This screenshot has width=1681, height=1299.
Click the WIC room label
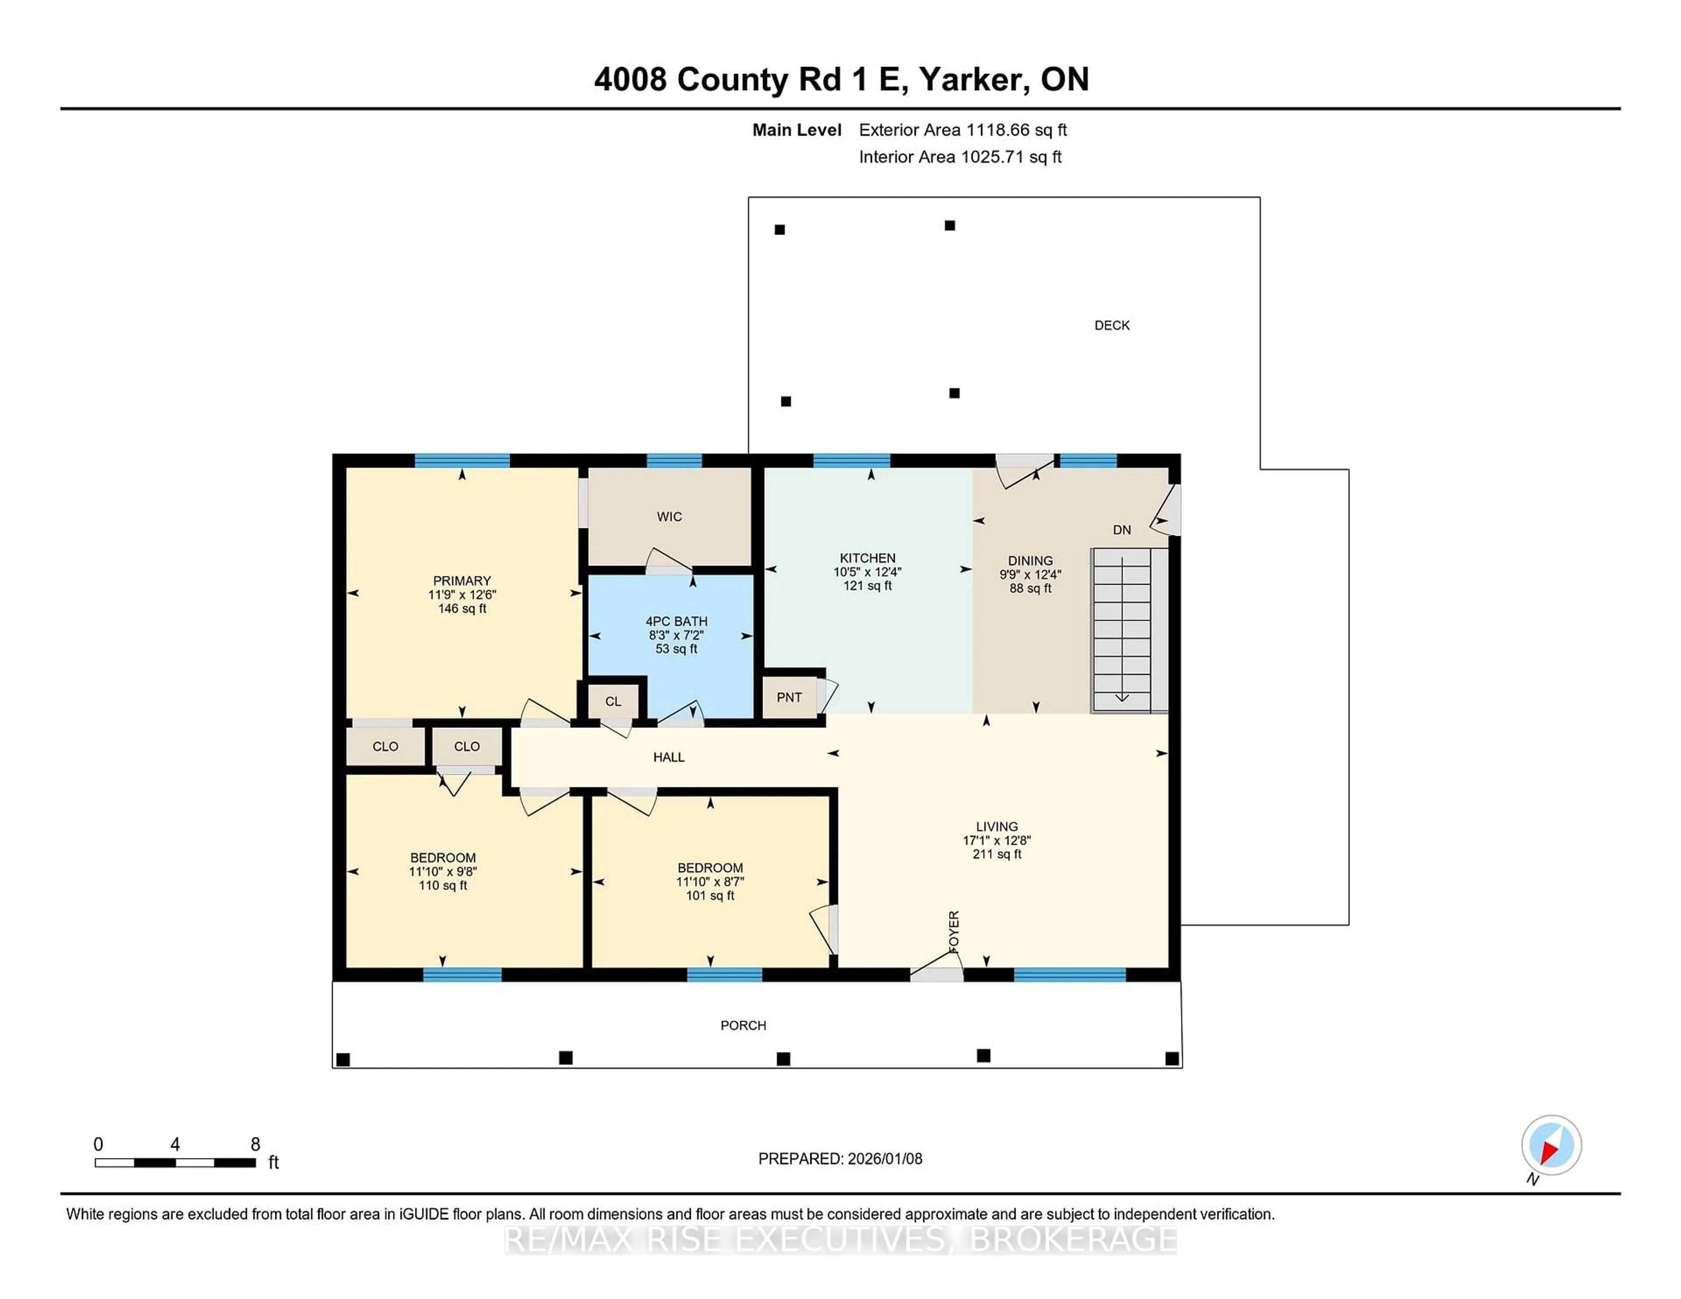669,516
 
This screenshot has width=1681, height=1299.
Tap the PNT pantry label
789,697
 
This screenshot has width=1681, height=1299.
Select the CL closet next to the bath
613,701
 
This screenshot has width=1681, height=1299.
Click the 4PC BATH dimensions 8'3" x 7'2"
676,635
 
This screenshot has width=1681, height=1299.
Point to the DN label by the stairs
1122,530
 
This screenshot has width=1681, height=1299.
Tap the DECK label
1111,326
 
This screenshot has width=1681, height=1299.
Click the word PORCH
743,1025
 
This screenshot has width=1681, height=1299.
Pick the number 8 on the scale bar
256,1145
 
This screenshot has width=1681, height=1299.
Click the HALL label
668,757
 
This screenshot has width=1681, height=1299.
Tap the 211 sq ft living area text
997,854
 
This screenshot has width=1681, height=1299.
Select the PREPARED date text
840,1158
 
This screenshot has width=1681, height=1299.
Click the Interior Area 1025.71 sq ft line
960,157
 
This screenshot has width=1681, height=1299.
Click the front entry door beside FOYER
936,969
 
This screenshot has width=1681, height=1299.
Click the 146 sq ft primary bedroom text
462,609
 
